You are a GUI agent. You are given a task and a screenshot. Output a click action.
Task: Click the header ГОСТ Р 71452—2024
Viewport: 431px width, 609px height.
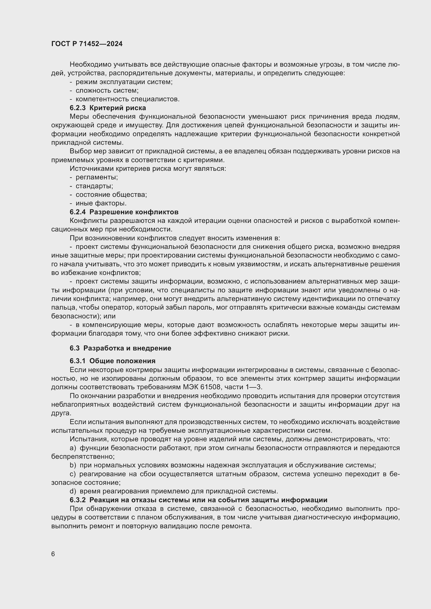[87, 44]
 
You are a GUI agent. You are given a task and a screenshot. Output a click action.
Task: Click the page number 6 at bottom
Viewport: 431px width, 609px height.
[53, 554]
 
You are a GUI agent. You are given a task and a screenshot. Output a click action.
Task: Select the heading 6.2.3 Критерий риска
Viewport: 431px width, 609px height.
[108, 108]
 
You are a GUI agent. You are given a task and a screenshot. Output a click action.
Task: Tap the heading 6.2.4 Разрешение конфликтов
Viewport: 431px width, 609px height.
[124, 212]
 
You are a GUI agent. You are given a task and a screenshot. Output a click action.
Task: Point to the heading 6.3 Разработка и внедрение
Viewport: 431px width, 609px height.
[120, 348]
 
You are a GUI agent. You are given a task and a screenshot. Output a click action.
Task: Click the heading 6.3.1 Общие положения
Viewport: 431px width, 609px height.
[113, 361]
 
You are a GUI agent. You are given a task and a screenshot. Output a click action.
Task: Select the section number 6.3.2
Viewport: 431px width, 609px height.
[78, 500]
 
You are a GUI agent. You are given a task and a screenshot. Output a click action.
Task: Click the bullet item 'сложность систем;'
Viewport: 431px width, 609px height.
[107, 91]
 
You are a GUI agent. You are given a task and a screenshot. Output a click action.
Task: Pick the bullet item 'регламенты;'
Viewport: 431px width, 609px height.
[97, 177]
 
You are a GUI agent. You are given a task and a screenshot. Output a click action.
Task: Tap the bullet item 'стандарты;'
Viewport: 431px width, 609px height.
[94, 186]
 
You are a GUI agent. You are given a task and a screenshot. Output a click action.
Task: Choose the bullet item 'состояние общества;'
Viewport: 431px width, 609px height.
[111, 195]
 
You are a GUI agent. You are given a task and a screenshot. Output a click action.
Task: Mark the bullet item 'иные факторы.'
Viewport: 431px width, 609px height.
[101, 203]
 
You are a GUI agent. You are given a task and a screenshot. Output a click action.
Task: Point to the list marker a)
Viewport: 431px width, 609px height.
[73, 448]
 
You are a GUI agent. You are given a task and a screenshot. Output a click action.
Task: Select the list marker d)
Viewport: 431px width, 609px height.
[73, 491]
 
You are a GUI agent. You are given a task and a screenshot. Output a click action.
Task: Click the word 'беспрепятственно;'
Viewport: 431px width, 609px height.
[83, 456]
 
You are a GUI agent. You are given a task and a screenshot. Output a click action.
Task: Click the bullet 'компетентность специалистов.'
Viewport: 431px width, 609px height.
[127, 99]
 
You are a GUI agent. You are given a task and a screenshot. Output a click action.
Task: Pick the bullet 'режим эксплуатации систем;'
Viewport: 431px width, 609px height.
[124, 82]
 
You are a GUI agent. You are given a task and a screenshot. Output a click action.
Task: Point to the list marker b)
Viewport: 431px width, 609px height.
[73, 465]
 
